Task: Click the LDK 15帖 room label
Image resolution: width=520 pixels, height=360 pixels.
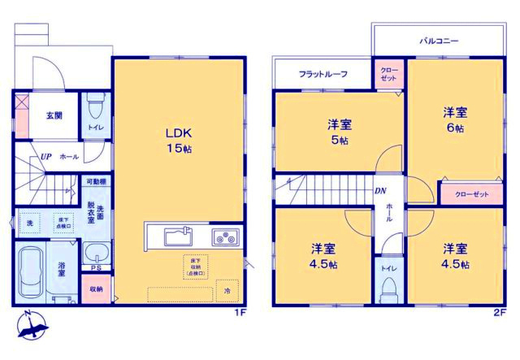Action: click(179, 140)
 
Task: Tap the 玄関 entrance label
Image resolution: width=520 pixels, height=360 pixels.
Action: click(54, 116)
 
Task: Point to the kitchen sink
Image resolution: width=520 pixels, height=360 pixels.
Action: click(178, 236)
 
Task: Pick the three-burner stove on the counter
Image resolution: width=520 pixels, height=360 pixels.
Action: click(223, 238)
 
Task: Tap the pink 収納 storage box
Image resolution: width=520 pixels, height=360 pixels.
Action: click(96, 288)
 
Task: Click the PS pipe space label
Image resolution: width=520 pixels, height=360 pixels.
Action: click(96, 268)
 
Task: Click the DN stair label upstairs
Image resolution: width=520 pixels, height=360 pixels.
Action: click(379, 191)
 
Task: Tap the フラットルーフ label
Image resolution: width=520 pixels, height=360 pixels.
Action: click(323, 74)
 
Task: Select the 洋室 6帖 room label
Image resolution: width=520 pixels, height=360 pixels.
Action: click(454, 120)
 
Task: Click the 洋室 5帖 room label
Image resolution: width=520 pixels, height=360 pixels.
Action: click(340, 132)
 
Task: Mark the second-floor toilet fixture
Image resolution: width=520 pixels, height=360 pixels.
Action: click(388, 284)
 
